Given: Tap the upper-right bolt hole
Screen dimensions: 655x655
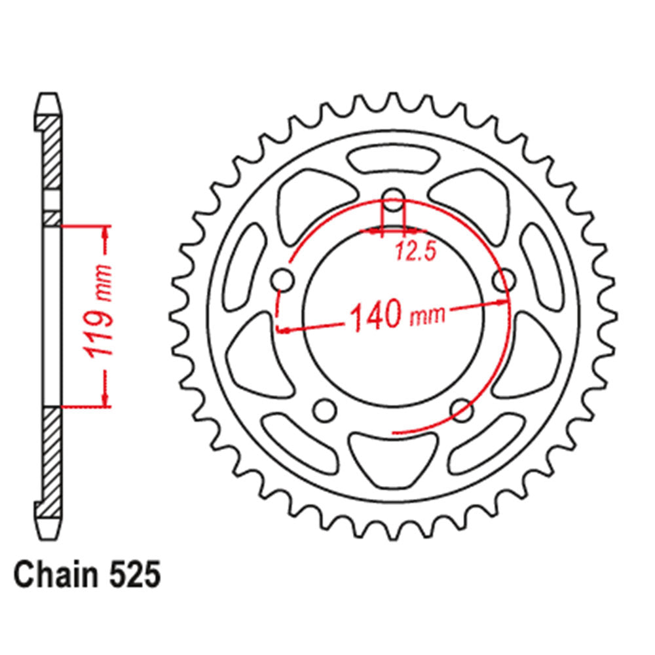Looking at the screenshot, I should coord(503,281).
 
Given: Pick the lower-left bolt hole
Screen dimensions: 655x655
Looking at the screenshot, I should coord(322,411).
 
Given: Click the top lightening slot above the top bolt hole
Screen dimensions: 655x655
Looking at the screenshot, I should coord(393,160).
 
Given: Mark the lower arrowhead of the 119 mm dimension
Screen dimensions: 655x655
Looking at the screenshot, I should coord(105,400).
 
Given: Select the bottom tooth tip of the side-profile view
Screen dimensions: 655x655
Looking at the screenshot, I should coord(50,532).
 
